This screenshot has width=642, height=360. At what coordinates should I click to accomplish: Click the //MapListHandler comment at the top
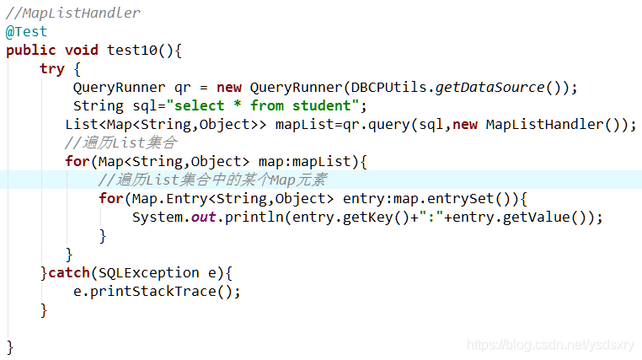tap(73, 13)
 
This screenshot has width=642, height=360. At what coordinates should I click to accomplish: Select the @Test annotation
tap(27, 31)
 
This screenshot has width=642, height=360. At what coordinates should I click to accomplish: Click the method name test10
tap(131, 50)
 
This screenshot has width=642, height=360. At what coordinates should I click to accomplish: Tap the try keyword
tap(51, 68)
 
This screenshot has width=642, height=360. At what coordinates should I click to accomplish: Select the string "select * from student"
tap(264, 105)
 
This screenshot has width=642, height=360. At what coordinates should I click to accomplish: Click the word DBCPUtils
tap(388, 87)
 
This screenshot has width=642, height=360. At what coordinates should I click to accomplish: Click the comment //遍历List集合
tap(120, 142)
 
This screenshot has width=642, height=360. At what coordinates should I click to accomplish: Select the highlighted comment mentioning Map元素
tap(211, 180)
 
